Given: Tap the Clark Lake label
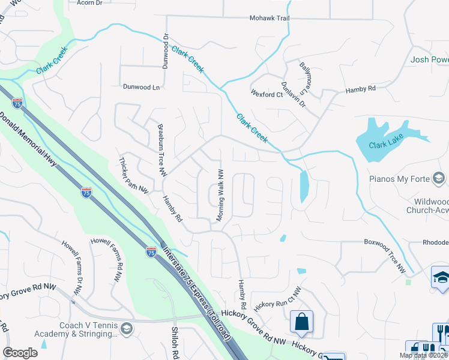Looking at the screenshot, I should (384, 145).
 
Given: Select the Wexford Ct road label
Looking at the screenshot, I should (267, 95).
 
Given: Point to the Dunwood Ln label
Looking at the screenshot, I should (142, 87).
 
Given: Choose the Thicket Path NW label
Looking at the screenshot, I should (134, 176).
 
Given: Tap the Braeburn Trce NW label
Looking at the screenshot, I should (161, 150).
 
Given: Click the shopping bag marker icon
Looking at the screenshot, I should (301, 322).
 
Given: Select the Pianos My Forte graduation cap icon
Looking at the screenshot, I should (439, 178).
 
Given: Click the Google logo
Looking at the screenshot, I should (20, 353).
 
